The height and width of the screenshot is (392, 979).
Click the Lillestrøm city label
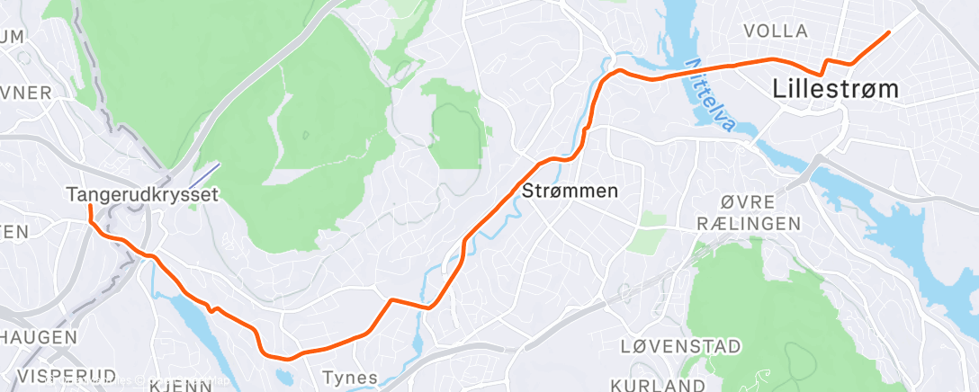point(836,89)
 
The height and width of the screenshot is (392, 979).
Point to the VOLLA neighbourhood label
point(776,31)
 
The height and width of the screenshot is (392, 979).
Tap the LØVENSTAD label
point(681,346)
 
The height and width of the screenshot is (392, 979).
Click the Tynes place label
point(350,378)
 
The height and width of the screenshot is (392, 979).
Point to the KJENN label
point(180,386)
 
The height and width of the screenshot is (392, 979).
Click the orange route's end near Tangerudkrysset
point(89,206)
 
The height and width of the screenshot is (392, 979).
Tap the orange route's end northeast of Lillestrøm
point(888,32)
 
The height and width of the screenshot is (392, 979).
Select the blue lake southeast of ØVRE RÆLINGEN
point(900,234)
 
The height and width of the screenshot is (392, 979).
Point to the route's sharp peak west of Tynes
point(391,299)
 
